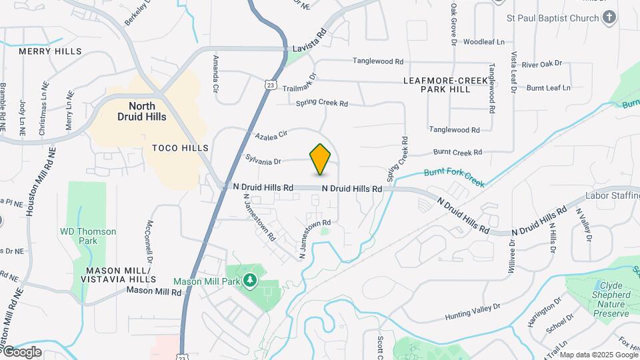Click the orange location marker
tap(321, 159)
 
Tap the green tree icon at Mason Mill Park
tap(250, 281)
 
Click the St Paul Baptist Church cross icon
tap(609, 18)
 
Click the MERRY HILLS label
tap(50, 51)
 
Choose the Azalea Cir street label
tap(271, 135)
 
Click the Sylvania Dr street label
tap(263, 161)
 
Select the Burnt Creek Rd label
tap(457, 153)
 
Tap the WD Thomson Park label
tap(88, 236)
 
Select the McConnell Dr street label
tap(149, 241)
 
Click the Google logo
tap(21, 352)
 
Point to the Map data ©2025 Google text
tap(598, 354)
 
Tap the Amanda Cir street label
tap(215, 74)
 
